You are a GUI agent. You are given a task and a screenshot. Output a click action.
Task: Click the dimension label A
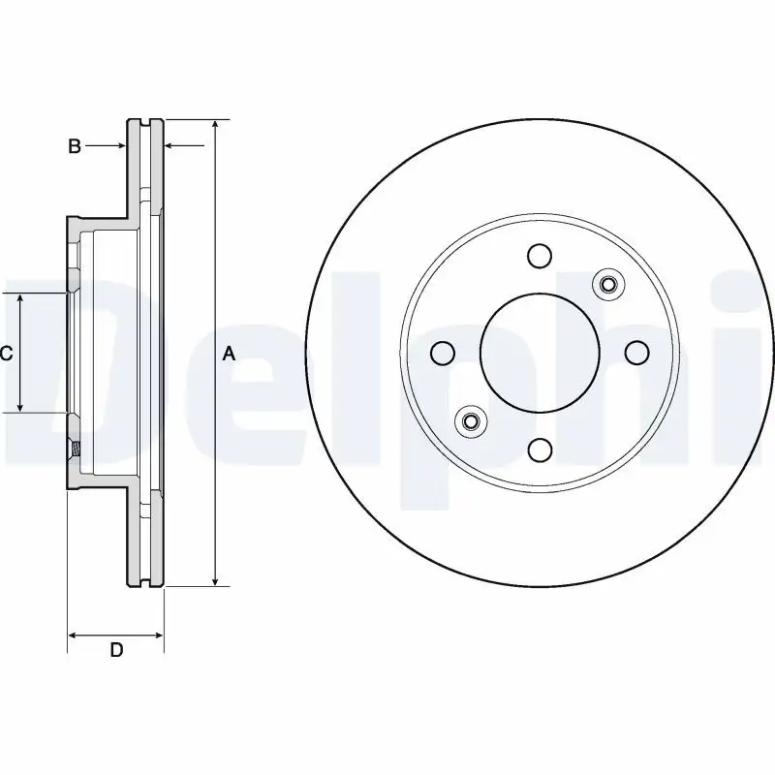pyautogui.click(x=229, y=355)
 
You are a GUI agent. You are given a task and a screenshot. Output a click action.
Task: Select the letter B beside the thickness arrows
pyautogui.click(x=74, y=146)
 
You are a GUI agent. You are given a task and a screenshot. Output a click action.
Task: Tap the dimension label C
pyautogui.click(x=6, y=355)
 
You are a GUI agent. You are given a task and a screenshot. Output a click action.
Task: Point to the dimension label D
pyautogui.click(x=116, y=650)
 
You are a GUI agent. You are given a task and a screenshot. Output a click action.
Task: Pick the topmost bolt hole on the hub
pyautogui.click(x=540, y=256)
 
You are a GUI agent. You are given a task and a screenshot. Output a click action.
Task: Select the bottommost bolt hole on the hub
pyautogui.click(x=540, y=449)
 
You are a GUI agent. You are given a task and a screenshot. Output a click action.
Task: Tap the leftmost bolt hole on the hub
pyautogui.click(x=443, y=354)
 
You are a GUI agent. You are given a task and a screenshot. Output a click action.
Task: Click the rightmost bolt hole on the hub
pyautogui.click(x=636, y=353)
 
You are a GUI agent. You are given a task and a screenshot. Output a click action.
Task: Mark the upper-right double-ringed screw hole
pyautogui.click(x=608, y=284)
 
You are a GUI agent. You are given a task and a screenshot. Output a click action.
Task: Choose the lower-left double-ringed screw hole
pyautogui.click(x=471, y=421)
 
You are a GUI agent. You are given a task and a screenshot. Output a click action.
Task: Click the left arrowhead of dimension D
pyautogui.click(x=73, y=636)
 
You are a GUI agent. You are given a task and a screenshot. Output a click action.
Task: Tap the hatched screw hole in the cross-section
pyautogui.click(x=74, y=449)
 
